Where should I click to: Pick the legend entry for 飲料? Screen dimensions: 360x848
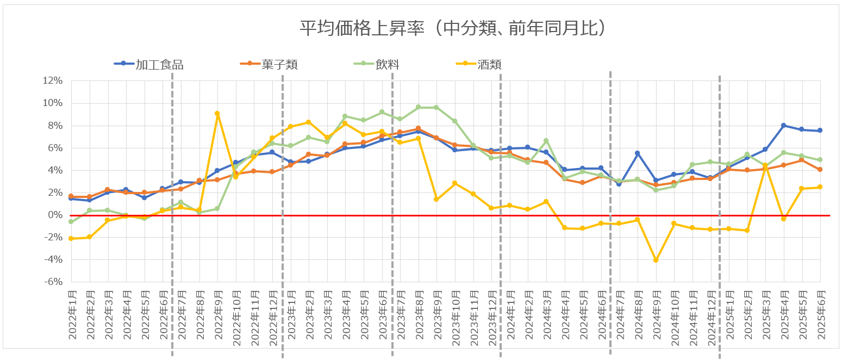[388, 65]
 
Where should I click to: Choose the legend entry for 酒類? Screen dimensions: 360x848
[489, 65]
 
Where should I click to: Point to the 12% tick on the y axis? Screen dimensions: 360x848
[53, 81]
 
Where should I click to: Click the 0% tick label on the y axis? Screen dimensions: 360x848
[55, 215]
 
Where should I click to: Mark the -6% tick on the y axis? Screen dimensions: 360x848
[53, 282]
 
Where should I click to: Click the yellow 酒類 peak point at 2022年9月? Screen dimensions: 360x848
[217, 114]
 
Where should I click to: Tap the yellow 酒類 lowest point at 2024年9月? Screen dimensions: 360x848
[656, 260]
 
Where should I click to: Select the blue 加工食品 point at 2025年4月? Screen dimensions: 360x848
[784, 126]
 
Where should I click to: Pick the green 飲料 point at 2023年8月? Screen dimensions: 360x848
[418, 107]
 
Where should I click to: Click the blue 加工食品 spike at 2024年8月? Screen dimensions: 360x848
[637, 153]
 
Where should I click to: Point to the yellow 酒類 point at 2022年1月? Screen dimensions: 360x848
[71, 239]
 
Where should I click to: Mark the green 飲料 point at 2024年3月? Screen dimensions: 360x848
[546, 141]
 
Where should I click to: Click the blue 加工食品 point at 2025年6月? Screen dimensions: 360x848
[820, 131]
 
